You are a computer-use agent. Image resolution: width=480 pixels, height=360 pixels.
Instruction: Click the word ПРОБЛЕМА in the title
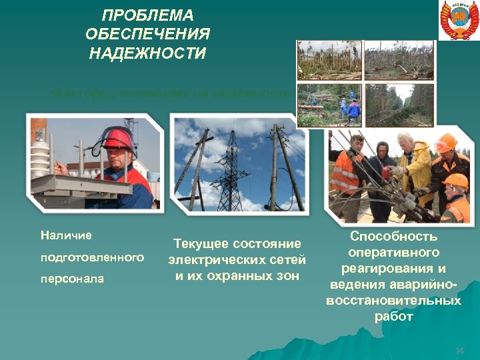click(x=147, y=15)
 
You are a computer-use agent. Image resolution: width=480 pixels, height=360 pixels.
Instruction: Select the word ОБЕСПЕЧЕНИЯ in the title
click(x=147, y=34)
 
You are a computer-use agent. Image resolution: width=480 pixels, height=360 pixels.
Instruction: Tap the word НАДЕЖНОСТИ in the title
click(x=147, y=53)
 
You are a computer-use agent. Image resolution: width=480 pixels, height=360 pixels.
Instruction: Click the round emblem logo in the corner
click(x=459, y=20)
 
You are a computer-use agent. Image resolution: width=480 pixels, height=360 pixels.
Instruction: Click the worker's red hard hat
click(x=117, y=138)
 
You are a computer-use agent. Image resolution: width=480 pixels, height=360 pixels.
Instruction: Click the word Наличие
click(x=66, y=235)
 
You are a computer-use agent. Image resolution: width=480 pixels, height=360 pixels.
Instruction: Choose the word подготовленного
click(x=92, y=257)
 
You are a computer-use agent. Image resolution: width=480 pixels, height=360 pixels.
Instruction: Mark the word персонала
click(x=72, y=279)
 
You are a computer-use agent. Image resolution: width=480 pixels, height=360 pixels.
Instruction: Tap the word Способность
click(x=393, y=236)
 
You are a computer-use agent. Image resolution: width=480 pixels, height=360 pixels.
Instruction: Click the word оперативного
click(x=393, y=252)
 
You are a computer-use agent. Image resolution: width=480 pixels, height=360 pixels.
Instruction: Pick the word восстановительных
click(x=393, y=301)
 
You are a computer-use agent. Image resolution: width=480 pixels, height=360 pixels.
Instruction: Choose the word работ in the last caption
click(x=393, y=317)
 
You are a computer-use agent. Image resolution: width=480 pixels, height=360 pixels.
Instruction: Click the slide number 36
click(x=459, y=351)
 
